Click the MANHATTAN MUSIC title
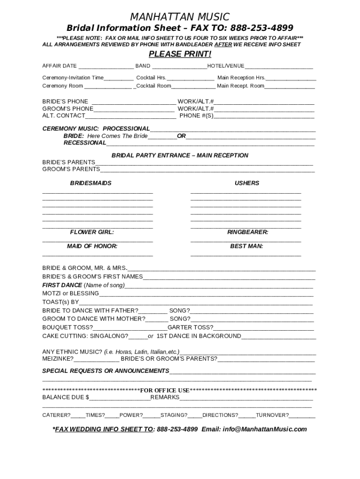[x=180, y=17]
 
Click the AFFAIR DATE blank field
[x=106, y=66]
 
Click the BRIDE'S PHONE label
[x=65, y=102]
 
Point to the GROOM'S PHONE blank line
[x=134, y=109]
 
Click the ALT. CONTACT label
[x=64, y=116]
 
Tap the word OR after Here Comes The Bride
[x=181, y=136]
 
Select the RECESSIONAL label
[x=85, y=143]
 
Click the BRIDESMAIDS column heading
[x=91, y=183]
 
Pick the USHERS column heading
[x=247, y=183]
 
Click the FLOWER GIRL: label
[x=92, y=232]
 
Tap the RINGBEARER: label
[x=247, y=232]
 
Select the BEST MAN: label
[x=246, y=246]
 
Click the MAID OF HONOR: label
[x=92, y=246]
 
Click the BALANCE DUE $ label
[x=65, y=397]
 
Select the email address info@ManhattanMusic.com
[x=265, y=429]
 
